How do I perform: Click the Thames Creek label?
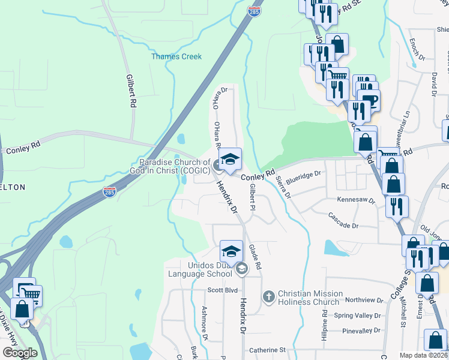pos(176,56)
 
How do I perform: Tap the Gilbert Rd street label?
pos(130,91)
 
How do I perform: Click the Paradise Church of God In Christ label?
pos(175,166)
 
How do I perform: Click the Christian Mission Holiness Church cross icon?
pos(268,296)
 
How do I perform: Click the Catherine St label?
pos(267,349)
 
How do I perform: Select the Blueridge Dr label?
pos(304,175)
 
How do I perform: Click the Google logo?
pos(20,353)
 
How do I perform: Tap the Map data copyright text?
pos(424,355)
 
